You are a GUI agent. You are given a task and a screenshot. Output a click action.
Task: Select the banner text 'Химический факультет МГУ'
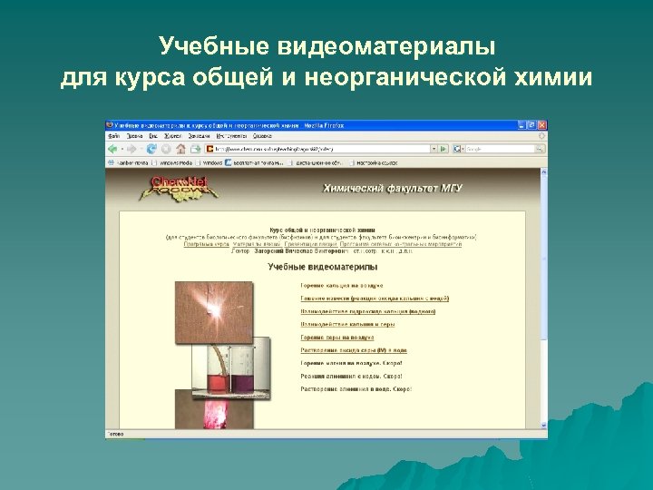[x=394, y=189]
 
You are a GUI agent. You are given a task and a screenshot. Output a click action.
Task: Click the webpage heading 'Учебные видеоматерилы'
[x=322, y=267]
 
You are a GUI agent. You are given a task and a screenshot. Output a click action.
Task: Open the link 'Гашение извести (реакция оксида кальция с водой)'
[x=375, y=298]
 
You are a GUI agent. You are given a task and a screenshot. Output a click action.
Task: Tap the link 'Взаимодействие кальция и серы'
[x=347, y=324]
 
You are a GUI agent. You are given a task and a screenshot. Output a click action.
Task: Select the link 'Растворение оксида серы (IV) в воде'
[x=354, y=349]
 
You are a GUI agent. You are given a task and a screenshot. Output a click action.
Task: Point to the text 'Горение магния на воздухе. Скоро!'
[x=352, y=363]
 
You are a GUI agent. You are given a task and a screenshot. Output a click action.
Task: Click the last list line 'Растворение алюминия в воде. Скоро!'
[x=356, y=388]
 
